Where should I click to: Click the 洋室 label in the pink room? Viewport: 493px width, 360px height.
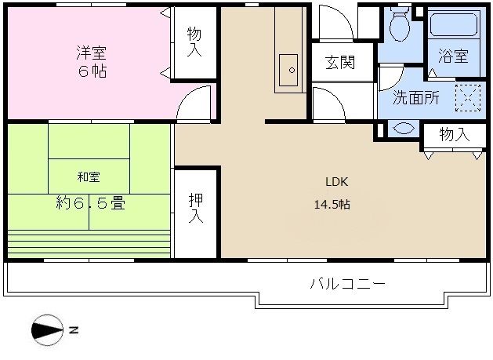(91, 53)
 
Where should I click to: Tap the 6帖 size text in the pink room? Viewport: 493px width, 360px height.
(91, 72)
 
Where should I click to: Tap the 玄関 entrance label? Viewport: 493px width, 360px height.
(340, 62)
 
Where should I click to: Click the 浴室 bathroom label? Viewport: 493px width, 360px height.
(453, 56)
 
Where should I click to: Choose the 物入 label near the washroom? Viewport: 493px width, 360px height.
(454, 135)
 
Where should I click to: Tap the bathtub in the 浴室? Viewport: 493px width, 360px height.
(455, 25)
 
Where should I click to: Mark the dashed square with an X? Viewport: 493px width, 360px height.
(468, 97)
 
